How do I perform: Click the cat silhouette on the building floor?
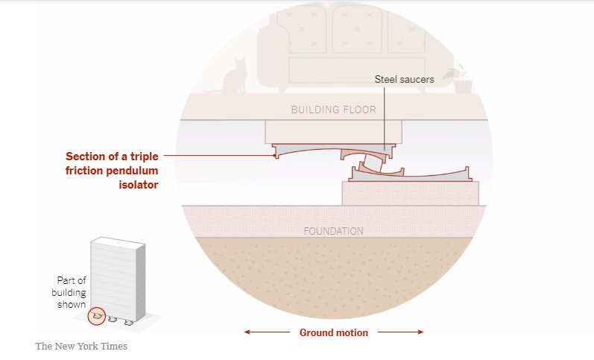pos(235,78)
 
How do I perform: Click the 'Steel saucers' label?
pos(404,79)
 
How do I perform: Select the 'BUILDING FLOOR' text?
pos(333,110)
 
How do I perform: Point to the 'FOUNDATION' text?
pos(333,231)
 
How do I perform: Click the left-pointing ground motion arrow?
pos(267,332)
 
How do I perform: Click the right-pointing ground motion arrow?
pos(400,332)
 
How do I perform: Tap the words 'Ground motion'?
pos(334,332)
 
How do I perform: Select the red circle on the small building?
pos(97,316)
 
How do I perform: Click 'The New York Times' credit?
pos(81,347)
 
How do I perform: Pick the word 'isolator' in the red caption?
pos(139,185)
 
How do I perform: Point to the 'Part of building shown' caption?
pos(69,292)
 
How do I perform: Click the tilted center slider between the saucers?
pos(373,163)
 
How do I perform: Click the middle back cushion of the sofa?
pos(356,30)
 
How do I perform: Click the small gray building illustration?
pos(118,280)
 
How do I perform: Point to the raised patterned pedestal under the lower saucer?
pos(410,194)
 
